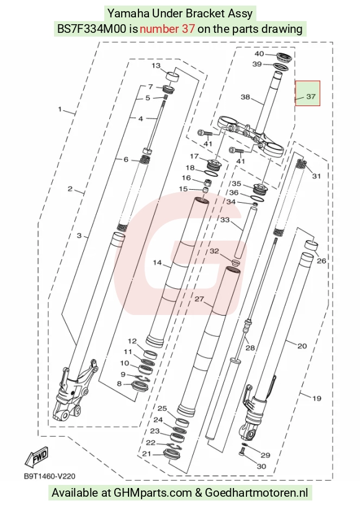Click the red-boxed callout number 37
tap(310, 96)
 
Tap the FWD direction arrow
tap(37, 457)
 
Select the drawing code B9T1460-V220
tap(50, 476)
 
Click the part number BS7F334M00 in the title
tap(92, 29)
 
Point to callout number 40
tap(259, 53)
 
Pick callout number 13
tap(156, 66)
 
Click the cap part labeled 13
tap(173, 78)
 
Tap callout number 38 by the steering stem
tap(245, 97)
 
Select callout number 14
tap(157, 262)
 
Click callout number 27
tap(199, 299)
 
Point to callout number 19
tap(317, 398)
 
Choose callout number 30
tap(261, 466)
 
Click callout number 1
tap(60, 109)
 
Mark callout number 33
tap(225, 220)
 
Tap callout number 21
tap(146, 453)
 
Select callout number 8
tap(119, 383)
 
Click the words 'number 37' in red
tap(167, 29)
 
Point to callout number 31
tap(317, 176)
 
